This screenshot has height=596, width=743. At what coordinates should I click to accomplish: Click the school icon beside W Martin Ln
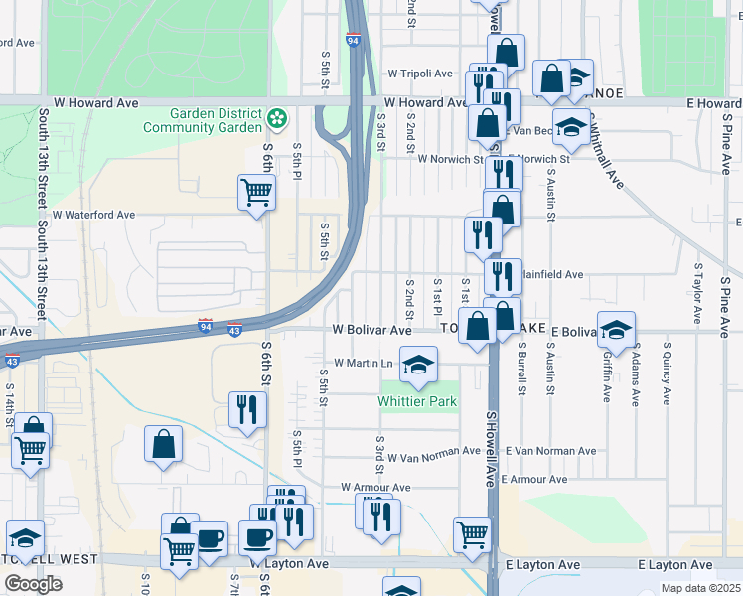pos(419,364)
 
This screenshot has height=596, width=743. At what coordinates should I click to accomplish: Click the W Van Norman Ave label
pos(434,458)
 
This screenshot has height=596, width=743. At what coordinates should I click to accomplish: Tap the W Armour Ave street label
pos(375,488)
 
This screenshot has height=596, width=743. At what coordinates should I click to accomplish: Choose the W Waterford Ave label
pos(93,215)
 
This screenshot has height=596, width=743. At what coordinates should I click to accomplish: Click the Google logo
pos(33,583)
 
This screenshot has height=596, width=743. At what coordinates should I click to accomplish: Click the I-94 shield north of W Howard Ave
pos(354,40)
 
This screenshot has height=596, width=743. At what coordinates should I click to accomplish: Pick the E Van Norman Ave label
pos(550,451)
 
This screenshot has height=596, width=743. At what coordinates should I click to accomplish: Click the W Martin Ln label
pos(364,364)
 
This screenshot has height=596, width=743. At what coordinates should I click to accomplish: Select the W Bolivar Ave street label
pos(371,330)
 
